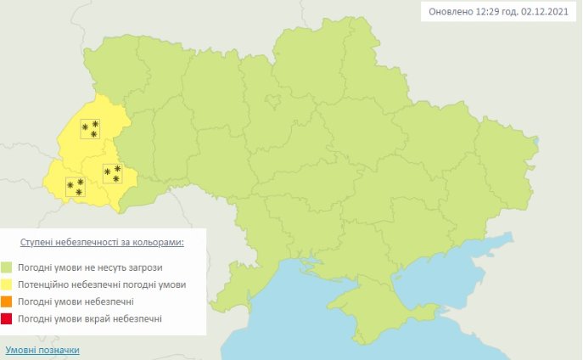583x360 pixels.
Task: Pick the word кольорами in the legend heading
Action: tap(156, 242)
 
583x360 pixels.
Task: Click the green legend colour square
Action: tap(7, 267)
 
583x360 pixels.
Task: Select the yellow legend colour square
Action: tap(7, 284)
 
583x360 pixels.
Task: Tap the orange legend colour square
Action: tap(7, 301)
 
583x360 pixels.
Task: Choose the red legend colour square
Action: tap(7, 318)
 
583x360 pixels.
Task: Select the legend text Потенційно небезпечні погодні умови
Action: tap(100, 284)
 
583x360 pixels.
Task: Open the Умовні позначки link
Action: tap(42, 350)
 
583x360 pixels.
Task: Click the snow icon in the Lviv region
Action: tap(90, 129)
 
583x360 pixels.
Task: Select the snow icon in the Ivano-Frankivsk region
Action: tap(112, 173)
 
